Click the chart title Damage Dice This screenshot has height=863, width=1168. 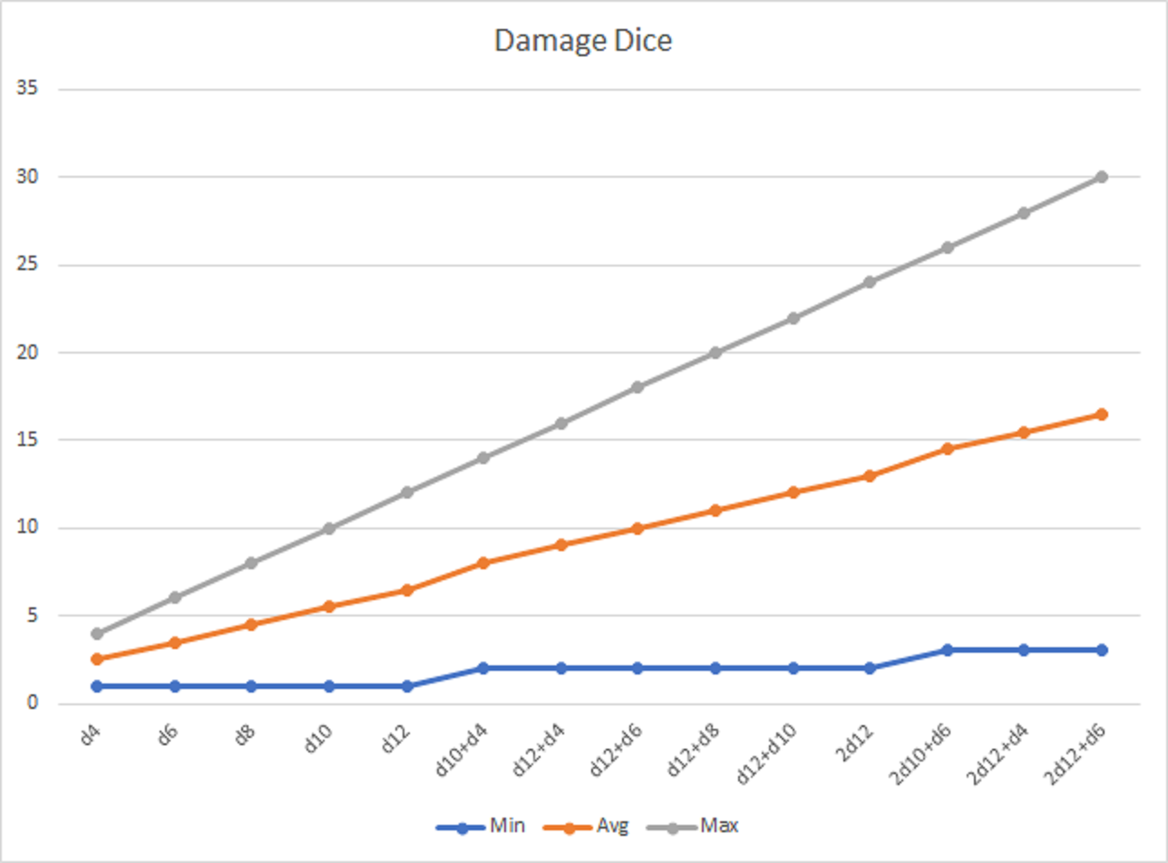pyautogui.click(x=583, y=42)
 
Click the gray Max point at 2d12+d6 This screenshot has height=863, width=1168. pyautogui.click(x=1101, y=177)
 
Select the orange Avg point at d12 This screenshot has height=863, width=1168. pyautogui.click(x=406, y=590)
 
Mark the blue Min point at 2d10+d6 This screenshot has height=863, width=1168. pyautogui.click(x=947, y=650)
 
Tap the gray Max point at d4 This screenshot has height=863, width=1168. pyautogui.click(x=97, y=634)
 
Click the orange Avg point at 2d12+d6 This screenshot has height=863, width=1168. pyautogui.click(x=1101, y=414)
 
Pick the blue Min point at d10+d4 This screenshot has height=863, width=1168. pyautogui.click(x=483, y=668)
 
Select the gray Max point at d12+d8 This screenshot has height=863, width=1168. pyautogui.click(x=715, y=353)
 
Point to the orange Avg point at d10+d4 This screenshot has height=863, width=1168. pyautogui.click(x=483, y=563)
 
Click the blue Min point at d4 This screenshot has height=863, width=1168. pyautogui.click(x=97, y=686)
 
